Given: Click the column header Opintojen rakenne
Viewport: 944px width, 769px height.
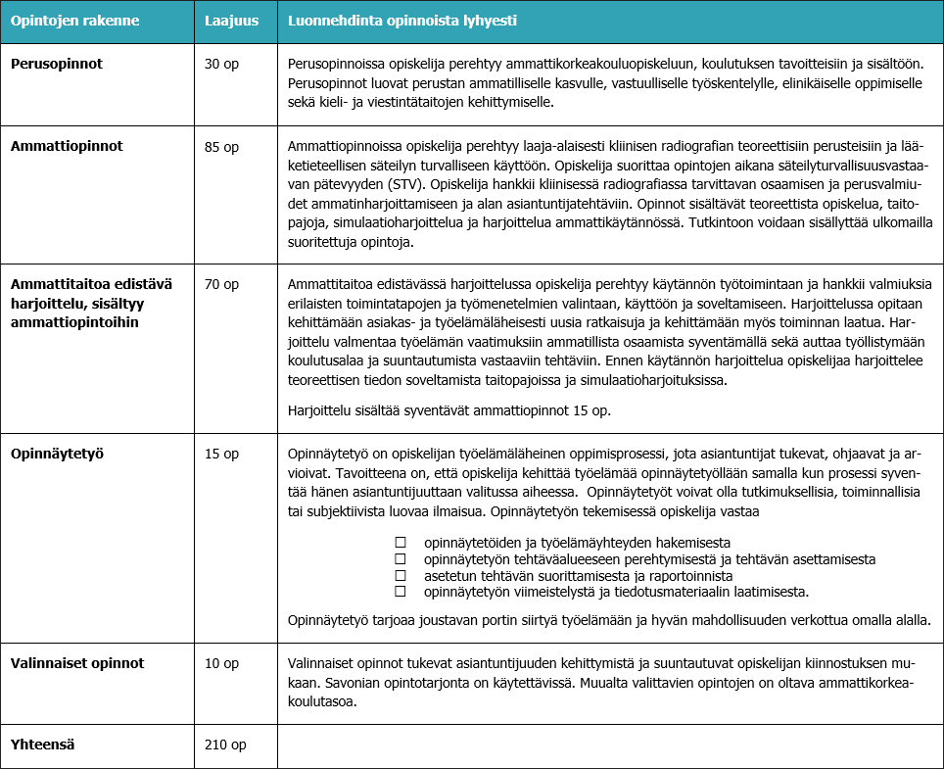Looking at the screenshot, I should click(75, 21).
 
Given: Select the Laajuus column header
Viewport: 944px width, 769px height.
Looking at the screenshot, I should click(231, 21).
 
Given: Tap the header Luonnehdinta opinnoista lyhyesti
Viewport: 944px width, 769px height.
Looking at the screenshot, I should click(402, 21).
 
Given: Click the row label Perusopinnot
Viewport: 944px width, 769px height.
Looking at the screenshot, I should click(57, 64).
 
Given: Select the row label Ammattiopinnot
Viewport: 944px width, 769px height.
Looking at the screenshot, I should click(67, 147).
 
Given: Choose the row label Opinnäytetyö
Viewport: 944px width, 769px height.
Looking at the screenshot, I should click(57, 454).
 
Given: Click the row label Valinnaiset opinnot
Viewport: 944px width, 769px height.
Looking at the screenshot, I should click(77, 663).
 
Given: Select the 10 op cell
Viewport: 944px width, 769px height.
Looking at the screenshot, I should click(221, 663).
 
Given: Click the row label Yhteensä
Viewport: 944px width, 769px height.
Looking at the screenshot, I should click(43, 744).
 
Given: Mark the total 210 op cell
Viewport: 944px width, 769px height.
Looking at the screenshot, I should click(225, 744).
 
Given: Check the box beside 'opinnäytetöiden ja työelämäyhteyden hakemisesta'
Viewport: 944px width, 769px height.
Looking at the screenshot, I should click(399, 543).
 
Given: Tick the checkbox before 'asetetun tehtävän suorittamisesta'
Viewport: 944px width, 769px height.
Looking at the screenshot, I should click(399, 575).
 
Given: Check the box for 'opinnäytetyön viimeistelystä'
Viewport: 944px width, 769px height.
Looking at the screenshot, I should click(399, 592).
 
